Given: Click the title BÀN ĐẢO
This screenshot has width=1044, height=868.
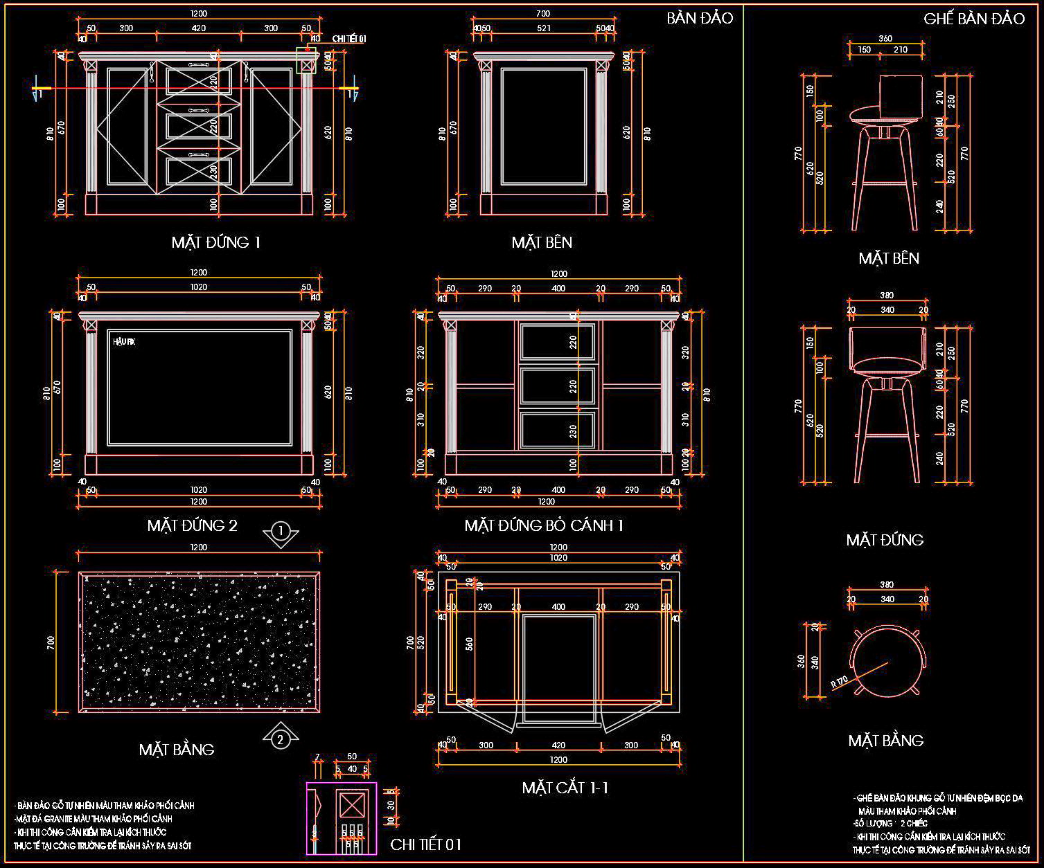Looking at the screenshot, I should click(699, 18).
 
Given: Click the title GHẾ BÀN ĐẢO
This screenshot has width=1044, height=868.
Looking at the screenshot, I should click(973, 19).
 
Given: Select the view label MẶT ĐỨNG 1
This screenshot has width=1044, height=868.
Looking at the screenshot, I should click(216, 242).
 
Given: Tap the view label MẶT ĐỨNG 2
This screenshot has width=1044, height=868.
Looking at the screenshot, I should click(192, 525).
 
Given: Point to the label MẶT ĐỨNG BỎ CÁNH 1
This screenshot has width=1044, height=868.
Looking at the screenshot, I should click(544, 525).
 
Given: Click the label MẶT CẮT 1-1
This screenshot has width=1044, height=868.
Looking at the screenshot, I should click(565, 788).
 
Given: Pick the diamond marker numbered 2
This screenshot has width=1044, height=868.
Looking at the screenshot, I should click(280, 740).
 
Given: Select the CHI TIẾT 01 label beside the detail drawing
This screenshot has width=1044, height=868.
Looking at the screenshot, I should click(425, 844).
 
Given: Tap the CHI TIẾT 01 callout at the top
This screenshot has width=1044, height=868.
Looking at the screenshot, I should click(348, 38).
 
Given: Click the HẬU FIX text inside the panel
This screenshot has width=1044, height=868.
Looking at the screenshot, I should click(124, 342).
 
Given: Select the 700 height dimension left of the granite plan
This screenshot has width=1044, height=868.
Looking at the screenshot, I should click(50, 642).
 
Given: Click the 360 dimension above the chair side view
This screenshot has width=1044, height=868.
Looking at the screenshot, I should click(885, 39).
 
